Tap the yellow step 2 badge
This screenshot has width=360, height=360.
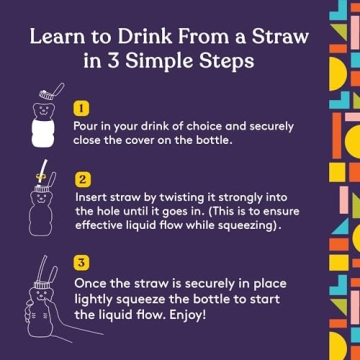click(81, 181)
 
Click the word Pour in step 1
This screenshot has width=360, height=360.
click(87, 126)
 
